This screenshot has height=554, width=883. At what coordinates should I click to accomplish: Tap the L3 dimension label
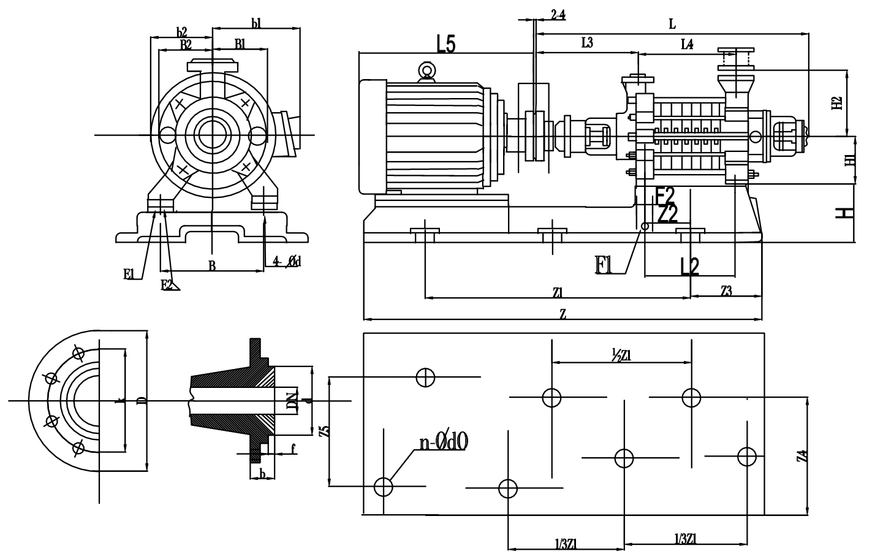coord(586,42)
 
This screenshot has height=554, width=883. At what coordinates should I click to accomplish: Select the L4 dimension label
coord(687,44)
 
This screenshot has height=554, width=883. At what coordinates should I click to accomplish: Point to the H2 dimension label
coord(837,102)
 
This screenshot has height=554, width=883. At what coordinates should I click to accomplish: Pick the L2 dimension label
coord(689,266)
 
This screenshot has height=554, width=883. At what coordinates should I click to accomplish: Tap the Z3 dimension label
coord(726,291)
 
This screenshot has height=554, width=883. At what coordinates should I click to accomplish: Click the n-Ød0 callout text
coord(444,442)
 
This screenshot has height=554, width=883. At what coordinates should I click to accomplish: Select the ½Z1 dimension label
coord(621,354)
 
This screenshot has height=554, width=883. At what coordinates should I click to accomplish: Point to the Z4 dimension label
coord(803,457)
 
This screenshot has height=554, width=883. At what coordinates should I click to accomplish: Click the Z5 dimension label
coord(325,431)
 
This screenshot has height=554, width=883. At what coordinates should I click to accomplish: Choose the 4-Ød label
coord(286,262)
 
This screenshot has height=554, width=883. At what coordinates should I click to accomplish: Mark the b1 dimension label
coord(256,23)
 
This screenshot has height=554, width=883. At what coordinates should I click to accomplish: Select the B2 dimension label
coord(186,44)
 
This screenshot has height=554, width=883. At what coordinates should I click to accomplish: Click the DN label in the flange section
coord(292,401)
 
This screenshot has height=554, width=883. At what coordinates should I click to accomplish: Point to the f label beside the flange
coord(294,449)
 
